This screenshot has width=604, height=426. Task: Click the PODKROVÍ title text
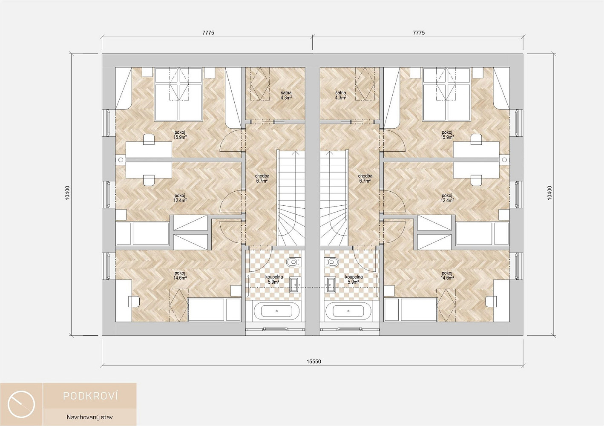pos(91,396)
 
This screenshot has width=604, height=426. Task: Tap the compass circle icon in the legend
pos(21,404)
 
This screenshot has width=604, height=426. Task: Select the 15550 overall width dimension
pos(314,362)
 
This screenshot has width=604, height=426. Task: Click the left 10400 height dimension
pos(67,193)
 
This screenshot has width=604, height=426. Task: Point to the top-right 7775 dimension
pos(418,33)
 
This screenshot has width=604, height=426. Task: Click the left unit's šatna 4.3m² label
pos(286,95)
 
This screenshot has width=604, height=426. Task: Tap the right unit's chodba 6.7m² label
pos(365,178)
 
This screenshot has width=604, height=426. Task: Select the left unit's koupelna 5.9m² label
pos(274,279)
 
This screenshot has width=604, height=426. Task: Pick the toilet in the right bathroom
pos(332,262)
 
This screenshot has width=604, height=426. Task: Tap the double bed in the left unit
pos(178,94)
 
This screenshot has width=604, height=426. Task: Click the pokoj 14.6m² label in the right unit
pos(447,275)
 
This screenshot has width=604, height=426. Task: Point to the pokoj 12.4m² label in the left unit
pos(181,198)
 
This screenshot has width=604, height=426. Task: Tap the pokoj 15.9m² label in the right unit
pos(447,135)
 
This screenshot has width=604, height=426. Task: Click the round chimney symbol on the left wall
pos(121,160)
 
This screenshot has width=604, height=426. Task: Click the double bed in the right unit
pos(447,94)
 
